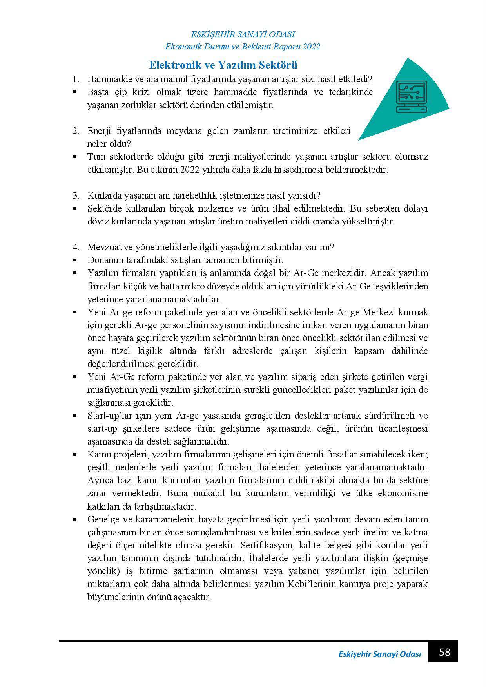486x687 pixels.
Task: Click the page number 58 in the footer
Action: coord(444,652)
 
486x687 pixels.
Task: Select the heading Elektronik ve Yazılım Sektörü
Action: coord(223,65)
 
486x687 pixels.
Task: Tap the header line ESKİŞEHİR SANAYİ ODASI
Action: coord(243,34)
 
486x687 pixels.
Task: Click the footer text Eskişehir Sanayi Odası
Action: coord(379,654)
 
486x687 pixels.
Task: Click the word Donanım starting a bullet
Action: coord(104,260)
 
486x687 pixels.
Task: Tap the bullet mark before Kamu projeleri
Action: coord(74,454)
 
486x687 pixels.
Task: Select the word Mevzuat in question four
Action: coord(103,247)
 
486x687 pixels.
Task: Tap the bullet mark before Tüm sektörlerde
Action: coord(74,157)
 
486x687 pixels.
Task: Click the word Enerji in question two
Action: coord(99,131)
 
